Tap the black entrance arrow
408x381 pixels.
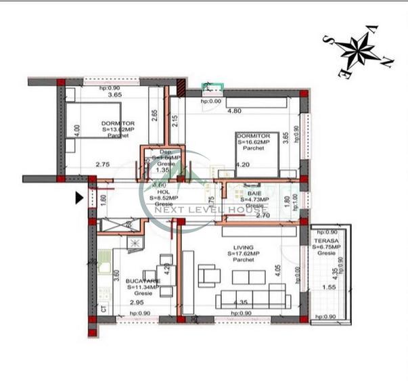(79, 198)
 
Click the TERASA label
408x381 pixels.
(325, 241)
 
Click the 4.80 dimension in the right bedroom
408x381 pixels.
(234, 110)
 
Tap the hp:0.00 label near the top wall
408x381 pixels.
(210, 102)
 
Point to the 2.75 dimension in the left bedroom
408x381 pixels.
(102, 164)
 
